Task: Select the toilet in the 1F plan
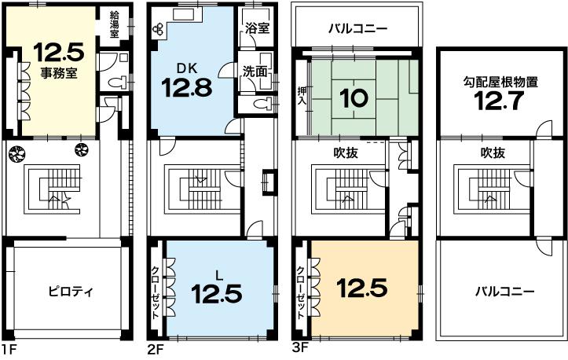pos(113,82)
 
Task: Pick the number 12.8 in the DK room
pos(187,86)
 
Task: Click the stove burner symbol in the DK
pos(160,29)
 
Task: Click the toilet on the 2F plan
pos(265,104)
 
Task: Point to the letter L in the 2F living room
pos(219,274)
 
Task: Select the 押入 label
pos(301,98)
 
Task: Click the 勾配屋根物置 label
pos(500,81)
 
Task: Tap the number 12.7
pos(500,100)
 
